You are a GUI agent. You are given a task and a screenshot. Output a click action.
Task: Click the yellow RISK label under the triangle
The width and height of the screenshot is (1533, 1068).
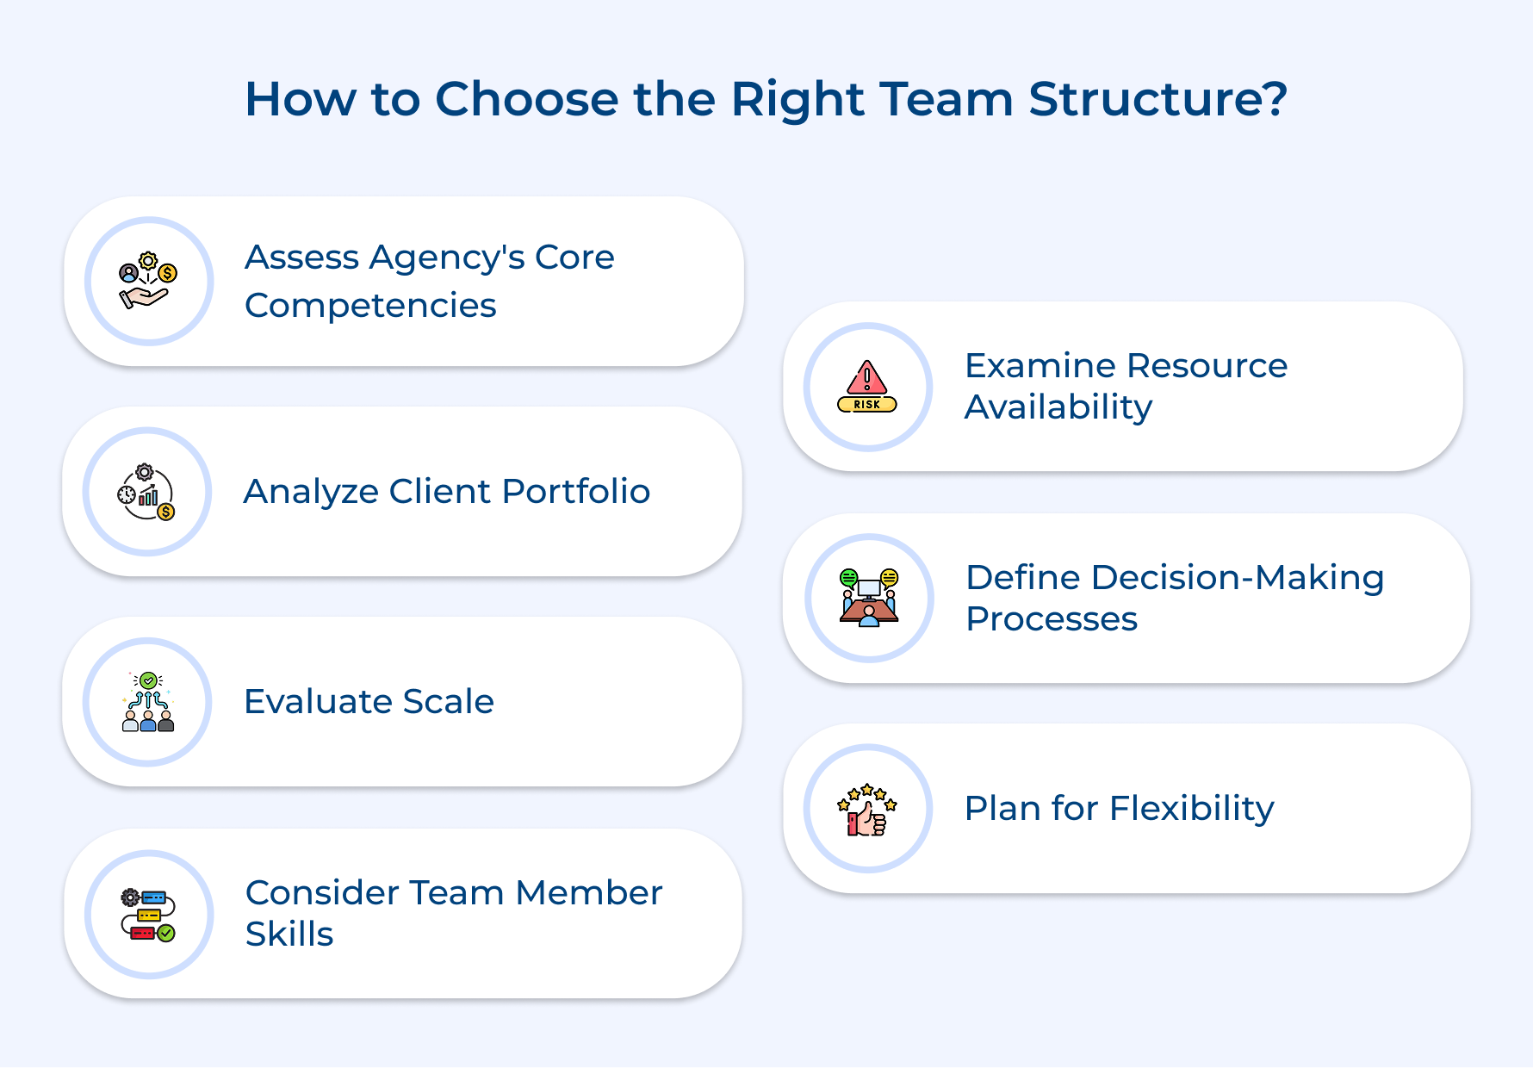pos(867,404)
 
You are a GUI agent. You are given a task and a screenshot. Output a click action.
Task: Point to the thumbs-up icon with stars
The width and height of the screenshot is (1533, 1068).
pos(867,810)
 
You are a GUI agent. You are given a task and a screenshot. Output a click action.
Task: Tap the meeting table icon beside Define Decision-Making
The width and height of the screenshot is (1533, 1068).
pos(869,598)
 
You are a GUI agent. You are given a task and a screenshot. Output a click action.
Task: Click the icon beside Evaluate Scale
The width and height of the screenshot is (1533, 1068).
pos(148,702)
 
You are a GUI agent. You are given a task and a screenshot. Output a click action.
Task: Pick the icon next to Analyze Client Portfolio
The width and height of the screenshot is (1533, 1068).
pos(146,492)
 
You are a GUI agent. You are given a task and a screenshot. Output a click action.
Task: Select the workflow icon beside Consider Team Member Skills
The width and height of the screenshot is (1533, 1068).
pos(148,915)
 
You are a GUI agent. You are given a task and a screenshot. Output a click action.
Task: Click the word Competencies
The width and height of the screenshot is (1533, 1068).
pos(370,306)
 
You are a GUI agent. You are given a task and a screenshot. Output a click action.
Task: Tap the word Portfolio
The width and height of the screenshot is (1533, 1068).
pos(575,492)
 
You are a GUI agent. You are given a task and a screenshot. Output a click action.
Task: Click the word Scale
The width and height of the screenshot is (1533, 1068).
pos(448,702)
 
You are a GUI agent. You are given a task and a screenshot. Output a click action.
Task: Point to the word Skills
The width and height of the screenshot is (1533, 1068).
pos(289,934)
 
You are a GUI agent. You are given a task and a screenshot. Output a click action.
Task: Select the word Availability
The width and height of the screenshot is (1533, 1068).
pos(1058,407)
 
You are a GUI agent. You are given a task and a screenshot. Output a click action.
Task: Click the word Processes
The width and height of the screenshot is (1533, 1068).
pos(1051,619)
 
